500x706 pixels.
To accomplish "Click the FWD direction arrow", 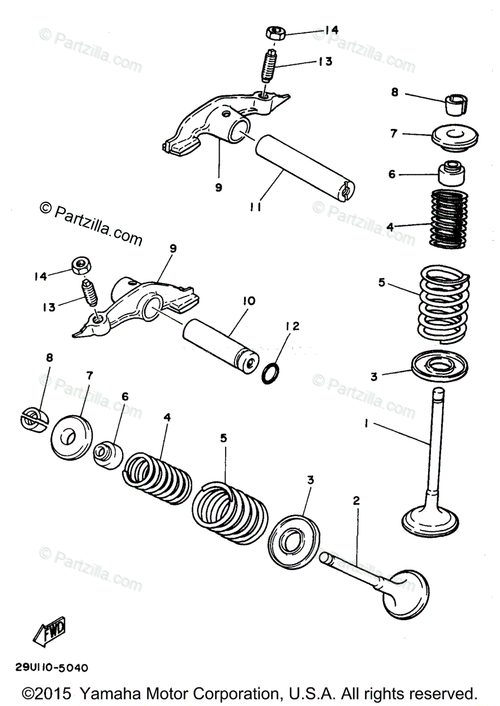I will coord(50,631).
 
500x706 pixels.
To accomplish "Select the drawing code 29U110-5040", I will coord(52,668).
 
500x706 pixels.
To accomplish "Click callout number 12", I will coord(293,326).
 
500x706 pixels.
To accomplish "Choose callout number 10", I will coord(248,301).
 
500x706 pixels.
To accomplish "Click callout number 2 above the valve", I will coord(356,501).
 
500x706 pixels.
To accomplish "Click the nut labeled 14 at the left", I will coord(80,267).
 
